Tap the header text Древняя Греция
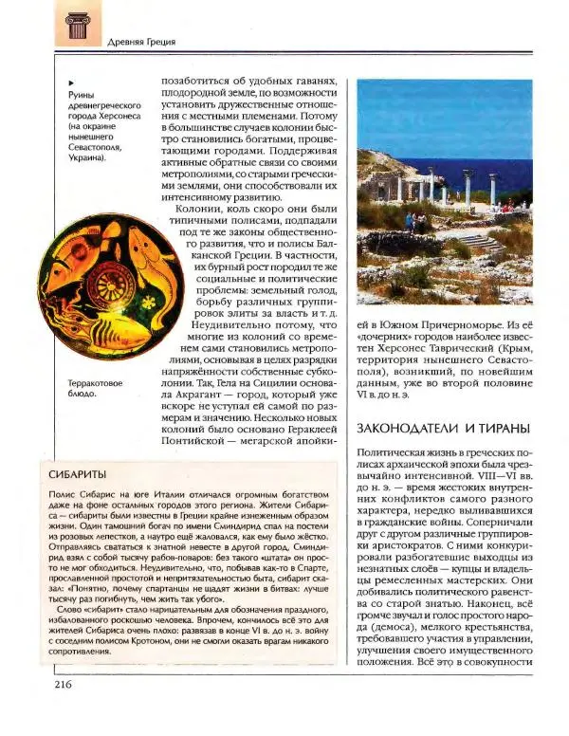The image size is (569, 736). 139,42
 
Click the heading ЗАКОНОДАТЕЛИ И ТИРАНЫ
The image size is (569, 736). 442,429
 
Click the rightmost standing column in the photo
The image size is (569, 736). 492,189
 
